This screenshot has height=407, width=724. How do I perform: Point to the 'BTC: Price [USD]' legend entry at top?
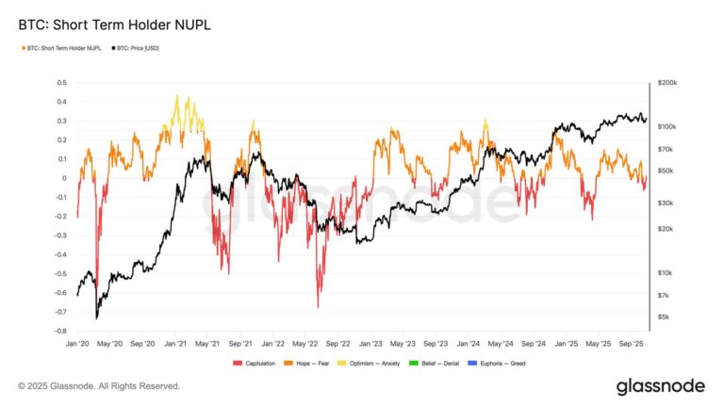137,47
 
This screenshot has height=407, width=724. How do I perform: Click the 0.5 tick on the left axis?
61,83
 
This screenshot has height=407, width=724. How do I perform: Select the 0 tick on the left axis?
64,178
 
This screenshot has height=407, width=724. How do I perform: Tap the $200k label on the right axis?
666,83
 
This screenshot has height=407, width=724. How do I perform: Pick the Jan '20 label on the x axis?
78,345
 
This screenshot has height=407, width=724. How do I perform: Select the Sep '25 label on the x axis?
632,345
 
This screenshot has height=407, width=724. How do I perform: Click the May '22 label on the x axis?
305,345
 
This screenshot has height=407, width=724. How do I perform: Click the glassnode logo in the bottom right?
659,386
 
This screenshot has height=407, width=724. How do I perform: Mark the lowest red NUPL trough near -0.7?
318,307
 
